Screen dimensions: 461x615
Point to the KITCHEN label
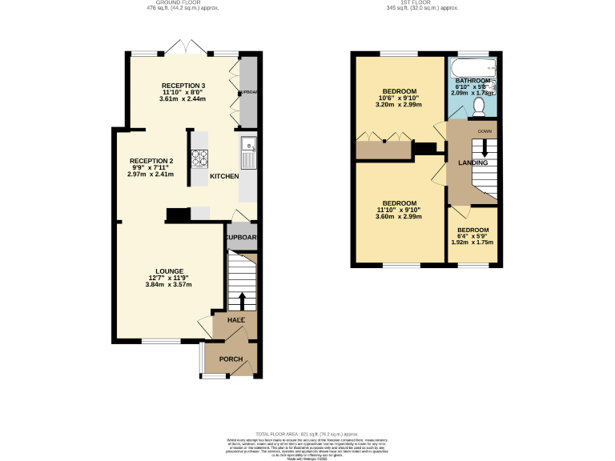click(224, 176)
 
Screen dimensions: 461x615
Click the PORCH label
click(231, 359)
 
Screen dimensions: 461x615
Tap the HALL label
click(235, 319)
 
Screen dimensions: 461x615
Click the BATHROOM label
click(472, 81)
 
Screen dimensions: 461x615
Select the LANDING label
click(472, 163)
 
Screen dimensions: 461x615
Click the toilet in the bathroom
click(480, 106)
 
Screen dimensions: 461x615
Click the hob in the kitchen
click(199, 158)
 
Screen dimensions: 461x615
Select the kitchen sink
click(248, 149)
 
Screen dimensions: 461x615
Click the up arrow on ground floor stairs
click(242, 300)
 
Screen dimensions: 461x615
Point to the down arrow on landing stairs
click(484, 148)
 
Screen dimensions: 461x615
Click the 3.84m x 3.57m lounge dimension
click(168, 285)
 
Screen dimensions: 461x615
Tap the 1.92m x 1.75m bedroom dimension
click(472, 243)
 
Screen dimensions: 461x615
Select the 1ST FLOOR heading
click(423, 3)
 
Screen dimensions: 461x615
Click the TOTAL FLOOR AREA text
click(307, 431)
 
